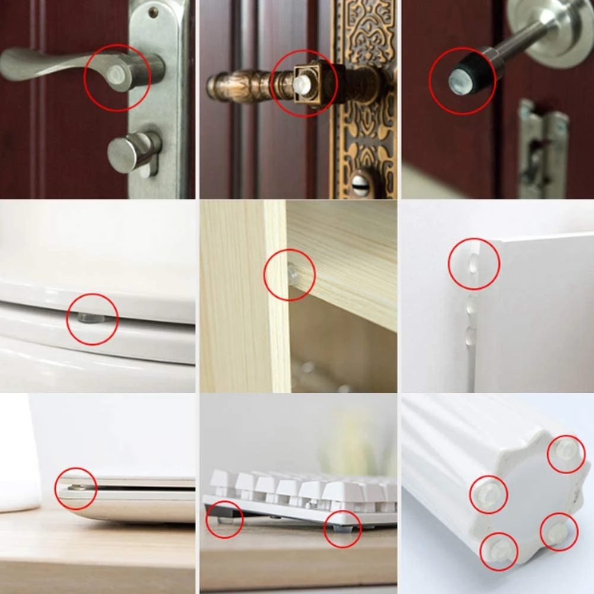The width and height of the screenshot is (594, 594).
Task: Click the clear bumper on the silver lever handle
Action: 116,72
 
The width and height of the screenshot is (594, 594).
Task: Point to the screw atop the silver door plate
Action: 154,11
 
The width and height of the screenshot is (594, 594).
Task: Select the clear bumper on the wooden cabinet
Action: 291,273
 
